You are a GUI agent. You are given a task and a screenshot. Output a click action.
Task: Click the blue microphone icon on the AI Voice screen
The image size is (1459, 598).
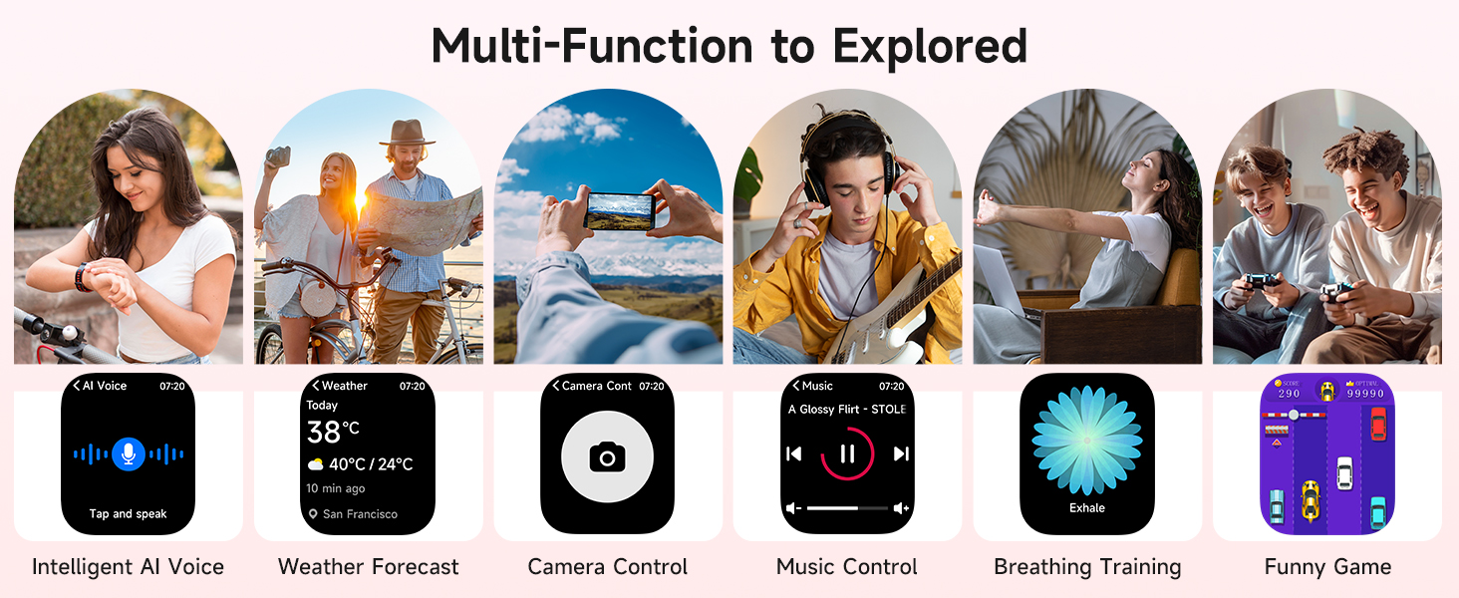[127, 453]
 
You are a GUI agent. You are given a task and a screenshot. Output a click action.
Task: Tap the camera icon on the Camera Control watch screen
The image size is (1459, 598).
[607, 457]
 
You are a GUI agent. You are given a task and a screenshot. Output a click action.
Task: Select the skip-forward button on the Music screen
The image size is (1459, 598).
[901, 454]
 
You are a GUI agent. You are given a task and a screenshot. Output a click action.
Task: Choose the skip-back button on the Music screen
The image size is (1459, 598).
[794, 454]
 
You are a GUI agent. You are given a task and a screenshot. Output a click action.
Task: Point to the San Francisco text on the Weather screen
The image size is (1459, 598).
[360, 514]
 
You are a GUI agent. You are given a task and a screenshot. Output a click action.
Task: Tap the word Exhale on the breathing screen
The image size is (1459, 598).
[1087, 508]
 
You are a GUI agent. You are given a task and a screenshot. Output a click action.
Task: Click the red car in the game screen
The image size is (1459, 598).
[1378, 424]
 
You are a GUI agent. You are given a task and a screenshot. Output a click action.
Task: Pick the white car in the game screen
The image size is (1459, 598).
[1344, 471]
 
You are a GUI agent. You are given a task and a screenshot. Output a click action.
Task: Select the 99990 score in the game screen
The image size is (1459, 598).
[1364, 394]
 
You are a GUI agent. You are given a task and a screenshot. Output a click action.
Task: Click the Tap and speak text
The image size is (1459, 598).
[128, 514]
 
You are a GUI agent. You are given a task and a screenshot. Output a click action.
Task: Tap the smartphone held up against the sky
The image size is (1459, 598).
[619, 210]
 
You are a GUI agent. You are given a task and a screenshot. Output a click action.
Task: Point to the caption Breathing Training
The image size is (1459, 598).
[1087, 567]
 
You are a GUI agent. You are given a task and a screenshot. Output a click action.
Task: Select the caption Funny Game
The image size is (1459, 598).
[1327, 567]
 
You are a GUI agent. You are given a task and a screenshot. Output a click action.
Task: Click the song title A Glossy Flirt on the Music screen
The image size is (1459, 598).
[847, 410]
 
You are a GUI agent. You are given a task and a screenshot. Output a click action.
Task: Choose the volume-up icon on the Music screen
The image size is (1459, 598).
[902, 508]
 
